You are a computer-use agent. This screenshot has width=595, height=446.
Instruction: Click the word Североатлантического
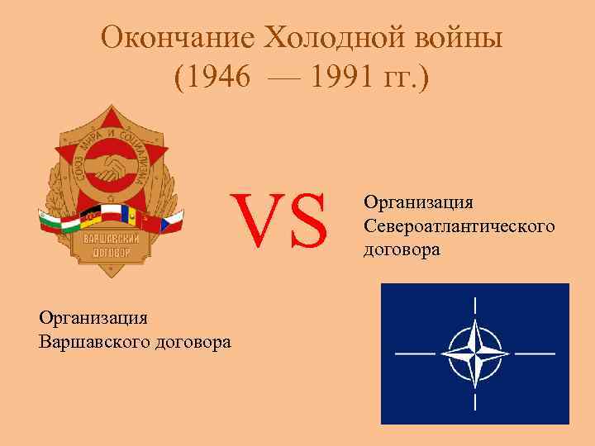459,225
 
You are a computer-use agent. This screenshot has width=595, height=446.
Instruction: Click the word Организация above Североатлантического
418,203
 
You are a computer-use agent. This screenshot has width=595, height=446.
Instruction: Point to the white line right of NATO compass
534,353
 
